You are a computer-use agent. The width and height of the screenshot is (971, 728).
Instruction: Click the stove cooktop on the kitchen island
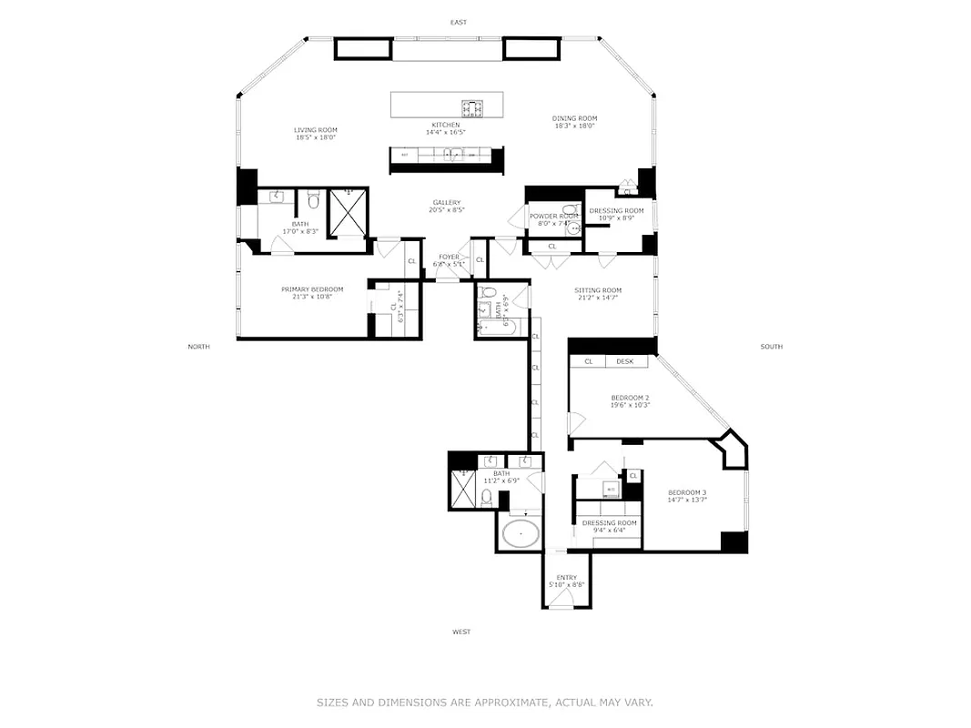tap(472, 108)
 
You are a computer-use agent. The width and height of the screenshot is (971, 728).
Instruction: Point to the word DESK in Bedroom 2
tap(624, 361)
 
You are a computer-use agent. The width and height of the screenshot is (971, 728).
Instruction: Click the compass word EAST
tap(459, 22)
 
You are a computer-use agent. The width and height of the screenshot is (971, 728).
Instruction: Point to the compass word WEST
tap(461, 632)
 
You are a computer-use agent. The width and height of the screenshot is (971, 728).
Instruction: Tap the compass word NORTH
tap(198, 347)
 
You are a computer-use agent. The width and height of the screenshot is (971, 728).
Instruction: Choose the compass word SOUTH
tap(771, 347)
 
